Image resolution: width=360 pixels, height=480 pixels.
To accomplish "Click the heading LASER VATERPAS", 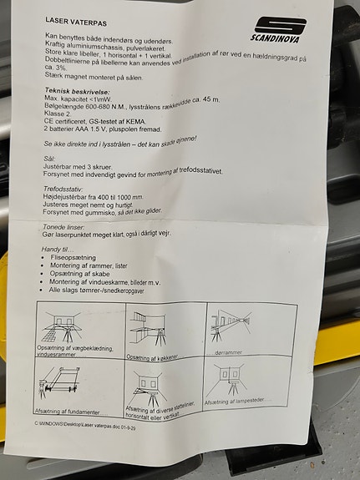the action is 76,22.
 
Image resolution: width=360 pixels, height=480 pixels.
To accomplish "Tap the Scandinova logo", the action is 278,30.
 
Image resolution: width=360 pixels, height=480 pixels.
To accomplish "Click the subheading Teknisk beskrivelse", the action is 77,91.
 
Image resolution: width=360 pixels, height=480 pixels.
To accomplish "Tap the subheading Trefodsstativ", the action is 63,189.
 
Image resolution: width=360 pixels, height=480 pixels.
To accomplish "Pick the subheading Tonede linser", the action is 63,227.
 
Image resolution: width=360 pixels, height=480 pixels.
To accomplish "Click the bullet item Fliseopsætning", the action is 74,257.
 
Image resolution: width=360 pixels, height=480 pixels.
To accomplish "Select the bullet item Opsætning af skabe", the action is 79,274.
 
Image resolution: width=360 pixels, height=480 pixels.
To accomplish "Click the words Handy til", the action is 58,250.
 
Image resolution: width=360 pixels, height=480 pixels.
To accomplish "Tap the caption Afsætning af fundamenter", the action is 71,412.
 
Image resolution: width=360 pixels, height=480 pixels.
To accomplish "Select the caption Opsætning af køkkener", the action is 152,357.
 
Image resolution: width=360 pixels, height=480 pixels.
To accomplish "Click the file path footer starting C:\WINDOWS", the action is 85,425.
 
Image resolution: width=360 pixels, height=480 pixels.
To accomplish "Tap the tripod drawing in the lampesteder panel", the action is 233,388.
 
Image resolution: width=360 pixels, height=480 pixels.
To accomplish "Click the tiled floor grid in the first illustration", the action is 52,335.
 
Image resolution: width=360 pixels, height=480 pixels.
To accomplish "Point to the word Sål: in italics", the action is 49,159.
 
